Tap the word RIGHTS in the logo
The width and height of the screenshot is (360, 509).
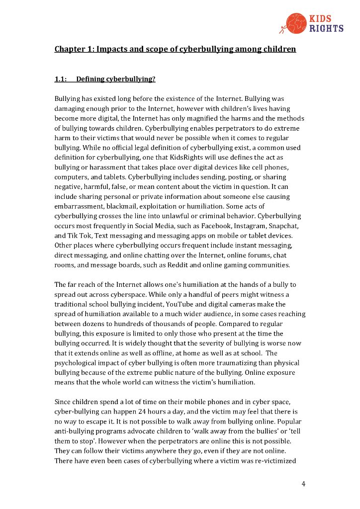pyautogui.click(x=326, y=28)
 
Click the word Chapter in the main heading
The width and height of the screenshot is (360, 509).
pyautogui.click(x=69, y=49)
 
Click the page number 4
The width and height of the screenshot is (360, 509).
pyautogui.click(x=303, y=484)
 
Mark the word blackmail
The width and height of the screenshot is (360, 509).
pyautogui.click(x=127, y=206)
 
